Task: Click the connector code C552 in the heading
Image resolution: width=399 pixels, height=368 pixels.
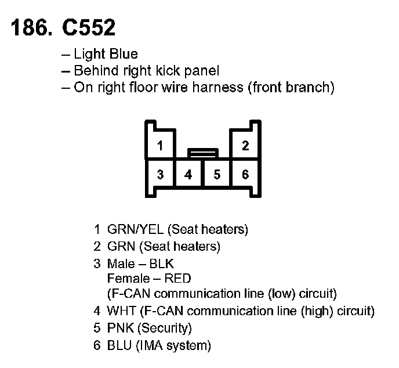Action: click(x=89, y=27)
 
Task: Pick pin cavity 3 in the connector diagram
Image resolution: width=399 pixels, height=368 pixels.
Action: click(x=160, y=174)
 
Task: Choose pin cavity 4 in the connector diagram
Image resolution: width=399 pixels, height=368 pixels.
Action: click(x=188, y=174)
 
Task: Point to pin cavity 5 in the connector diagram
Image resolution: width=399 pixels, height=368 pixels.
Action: click(x=217, y=174)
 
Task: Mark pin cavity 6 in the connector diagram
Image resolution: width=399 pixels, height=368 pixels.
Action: click(x=245, y=174)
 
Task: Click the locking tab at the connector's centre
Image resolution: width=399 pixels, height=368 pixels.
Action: click(x=203, y=153)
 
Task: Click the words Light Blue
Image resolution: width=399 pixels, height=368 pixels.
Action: click(x=106, y=54)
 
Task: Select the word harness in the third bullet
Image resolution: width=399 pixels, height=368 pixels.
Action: click(x=217, y=87)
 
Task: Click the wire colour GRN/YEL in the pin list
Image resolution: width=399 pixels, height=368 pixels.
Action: click(x=135, y=229)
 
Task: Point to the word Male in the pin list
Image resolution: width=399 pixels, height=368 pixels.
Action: click(x=121, y=264)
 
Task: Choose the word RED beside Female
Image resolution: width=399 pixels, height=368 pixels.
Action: click(x=177, y=279)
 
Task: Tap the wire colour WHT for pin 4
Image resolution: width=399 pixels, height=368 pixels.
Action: click(x=121, y=311)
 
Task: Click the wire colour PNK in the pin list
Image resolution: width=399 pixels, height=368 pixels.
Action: click(x=121, y=328)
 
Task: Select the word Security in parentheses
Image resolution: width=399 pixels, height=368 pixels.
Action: click(x=164, y=329)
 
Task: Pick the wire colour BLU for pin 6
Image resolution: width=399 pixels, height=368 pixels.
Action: click(x=119, y=345)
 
